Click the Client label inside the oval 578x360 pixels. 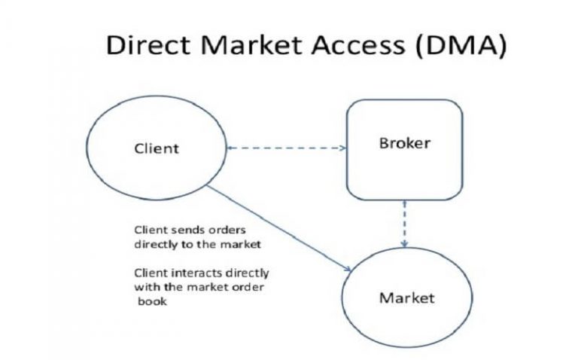pos(157,148)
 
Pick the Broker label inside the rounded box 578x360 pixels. pos(404,143)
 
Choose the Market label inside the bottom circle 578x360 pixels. pos(406,297)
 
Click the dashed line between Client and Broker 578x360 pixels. pos(286,148)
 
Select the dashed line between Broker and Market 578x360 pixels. pos(405,222)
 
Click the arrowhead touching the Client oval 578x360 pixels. pos(230,148)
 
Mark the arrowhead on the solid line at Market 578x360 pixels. pos(348,269)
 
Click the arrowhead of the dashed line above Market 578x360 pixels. pos(405,245)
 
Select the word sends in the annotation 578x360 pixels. pos(177,230)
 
